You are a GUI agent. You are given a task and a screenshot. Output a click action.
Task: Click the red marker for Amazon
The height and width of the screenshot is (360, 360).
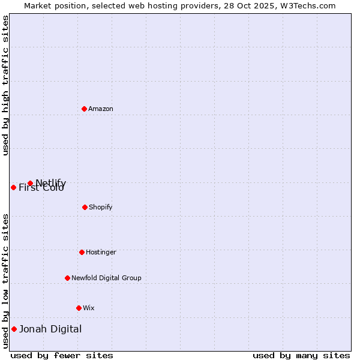[84, 109]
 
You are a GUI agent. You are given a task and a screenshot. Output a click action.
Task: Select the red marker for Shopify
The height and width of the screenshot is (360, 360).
[85, 207]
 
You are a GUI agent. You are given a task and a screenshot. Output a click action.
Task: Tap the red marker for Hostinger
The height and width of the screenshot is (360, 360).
[82, 252]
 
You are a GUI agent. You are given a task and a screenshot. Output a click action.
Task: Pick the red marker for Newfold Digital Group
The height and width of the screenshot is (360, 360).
[67, 278]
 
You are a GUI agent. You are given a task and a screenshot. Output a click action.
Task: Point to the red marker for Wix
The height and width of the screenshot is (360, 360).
[79, 308]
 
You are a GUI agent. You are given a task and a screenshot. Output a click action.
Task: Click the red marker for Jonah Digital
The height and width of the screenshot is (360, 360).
[14, 329]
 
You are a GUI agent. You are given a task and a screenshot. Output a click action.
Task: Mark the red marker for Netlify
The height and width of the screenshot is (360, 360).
[30, 183]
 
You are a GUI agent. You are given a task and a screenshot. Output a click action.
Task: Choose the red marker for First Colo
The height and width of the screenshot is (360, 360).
[13, 187]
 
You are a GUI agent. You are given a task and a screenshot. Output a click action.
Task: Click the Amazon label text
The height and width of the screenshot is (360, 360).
[101, 109]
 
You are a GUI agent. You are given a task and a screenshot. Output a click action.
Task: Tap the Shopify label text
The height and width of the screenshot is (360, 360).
[100, 207]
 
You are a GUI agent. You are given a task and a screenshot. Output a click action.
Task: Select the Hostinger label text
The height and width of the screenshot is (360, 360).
[101, 252]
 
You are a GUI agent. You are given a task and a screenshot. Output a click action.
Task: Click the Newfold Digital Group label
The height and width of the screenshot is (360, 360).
[106, 278]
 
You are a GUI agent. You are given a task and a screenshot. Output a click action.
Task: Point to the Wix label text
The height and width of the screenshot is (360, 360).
[88, 308]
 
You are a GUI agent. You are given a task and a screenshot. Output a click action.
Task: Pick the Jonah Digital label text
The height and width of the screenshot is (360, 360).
[50, 329]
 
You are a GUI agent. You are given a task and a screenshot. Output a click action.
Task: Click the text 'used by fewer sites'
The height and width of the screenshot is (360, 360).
[62, 355]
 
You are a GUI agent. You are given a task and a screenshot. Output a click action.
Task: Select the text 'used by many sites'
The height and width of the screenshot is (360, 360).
[301, 355]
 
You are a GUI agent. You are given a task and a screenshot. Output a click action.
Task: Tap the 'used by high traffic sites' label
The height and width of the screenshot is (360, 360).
[6, 85]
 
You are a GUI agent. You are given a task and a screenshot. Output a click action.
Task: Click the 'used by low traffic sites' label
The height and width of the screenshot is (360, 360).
[6, 280]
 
